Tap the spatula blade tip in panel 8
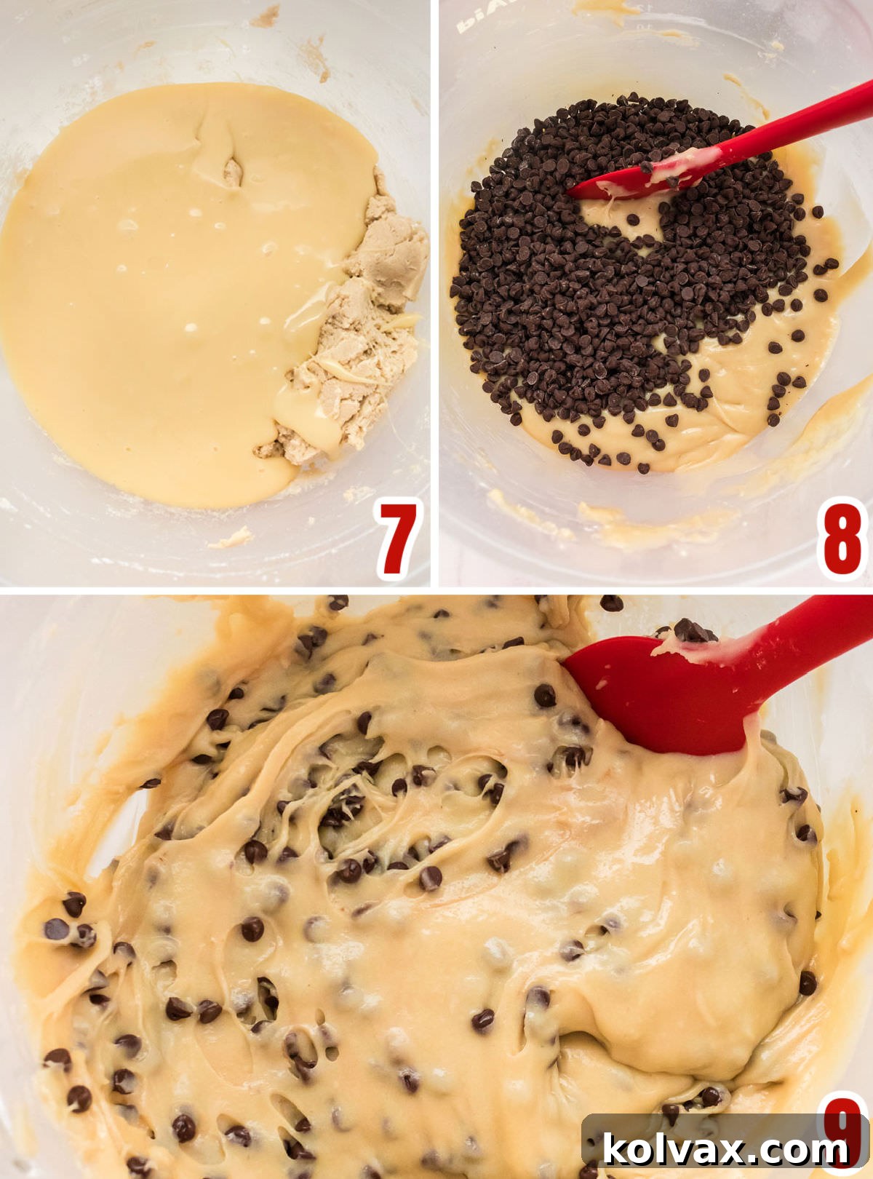[582, 192]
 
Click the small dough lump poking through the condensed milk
[232, 172]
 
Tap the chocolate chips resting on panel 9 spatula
[691, 630]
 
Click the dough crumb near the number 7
[231, 539]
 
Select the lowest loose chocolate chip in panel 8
[643, 468]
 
